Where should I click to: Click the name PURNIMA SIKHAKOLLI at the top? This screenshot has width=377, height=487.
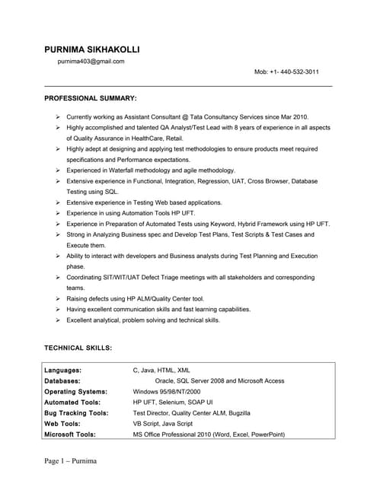(x=92, y=50)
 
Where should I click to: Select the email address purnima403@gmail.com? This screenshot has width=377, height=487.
(x=91, y=62)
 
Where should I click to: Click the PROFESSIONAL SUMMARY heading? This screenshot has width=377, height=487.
(x=91, y=99)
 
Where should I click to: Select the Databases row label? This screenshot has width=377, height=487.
(x=64, y=380)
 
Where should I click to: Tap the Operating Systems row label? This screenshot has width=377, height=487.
(x=75, y=391)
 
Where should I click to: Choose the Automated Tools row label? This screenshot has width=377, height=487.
(x=72, y=402)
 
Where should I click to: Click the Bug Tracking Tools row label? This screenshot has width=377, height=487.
(x=76, y=412)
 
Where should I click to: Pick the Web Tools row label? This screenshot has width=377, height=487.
(x=62, y=423)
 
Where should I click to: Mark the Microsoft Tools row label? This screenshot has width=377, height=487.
(x=70, y=434)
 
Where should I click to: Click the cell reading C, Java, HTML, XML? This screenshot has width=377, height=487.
(x=161, y=370)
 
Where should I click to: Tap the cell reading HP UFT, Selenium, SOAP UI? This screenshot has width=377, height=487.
(x=173, y=402)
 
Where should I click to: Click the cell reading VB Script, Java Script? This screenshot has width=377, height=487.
(x=163, y=423)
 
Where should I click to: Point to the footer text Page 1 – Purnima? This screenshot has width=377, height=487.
(x=71, y=462)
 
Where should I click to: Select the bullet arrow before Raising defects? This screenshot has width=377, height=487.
(x=59, y=299)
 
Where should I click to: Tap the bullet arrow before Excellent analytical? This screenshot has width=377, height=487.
(x=59, y=320)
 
